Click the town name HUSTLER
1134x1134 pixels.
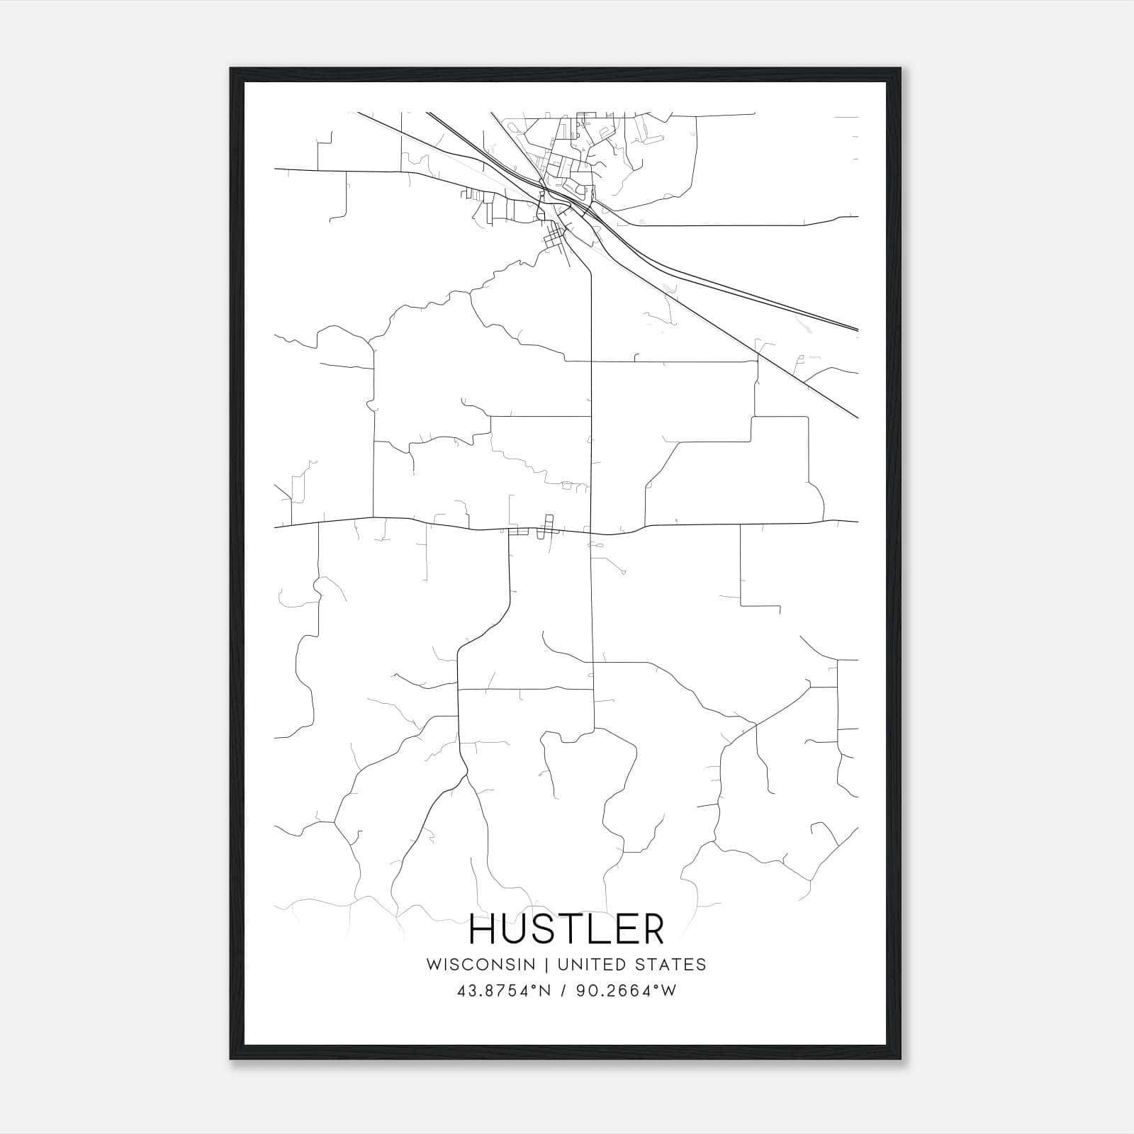point(567,929)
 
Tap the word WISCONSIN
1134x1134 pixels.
point(481,965)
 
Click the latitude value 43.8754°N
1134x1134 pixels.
point(504,991)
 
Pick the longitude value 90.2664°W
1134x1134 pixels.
point(626,991)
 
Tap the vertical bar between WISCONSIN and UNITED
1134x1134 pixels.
point(546,965)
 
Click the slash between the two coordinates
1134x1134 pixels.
point(563,991)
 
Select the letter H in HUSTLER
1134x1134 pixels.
point(484,929)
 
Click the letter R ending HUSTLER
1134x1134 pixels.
point(653,929)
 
